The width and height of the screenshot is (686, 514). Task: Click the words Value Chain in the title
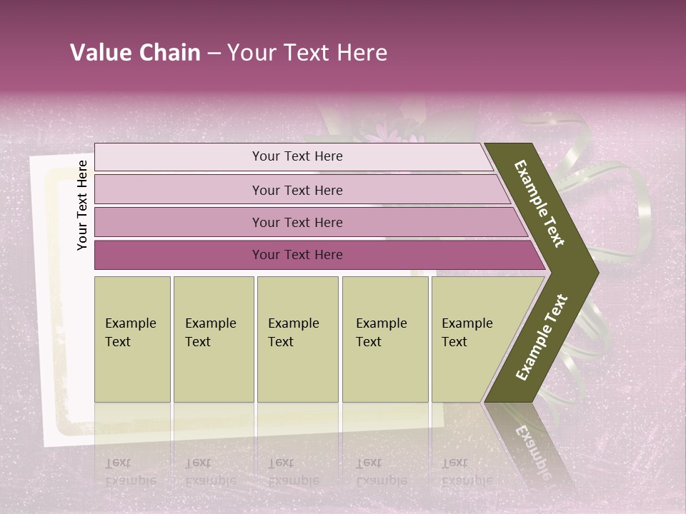tap(135, 53)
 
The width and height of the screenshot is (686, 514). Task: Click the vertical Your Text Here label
tap(82, 205)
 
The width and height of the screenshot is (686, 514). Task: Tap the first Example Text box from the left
tap(132, 339)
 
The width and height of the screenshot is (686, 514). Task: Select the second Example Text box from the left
tap(213, 339)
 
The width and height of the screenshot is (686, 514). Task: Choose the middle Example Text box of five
tap(297, 339)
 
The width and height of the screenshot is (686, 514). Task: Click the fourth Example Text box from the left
tap(385, 339)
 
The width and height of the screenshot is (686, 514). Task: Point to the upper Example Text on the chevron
tap(540, 203)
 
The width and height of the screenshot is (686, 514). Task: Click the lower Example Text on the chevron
tap(542, 337)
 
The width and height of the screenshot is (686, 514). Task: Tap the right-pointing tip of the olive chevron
tap(595, 272)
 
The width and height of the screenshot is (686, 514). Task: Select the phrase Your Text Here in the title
tap(307, 53)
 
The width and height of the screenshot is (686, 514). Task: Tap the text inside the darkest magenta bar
tap(297, 255)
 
